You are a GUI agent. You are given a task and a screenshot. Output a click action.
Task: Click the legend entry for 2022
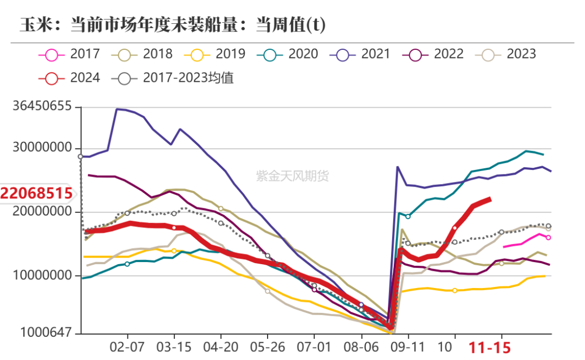(433, 54)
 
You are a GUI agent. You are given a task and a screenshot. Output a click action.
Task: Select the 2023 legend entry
(506, 54)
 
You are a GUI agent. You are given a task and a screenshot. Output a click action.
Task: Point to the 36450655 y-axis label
(42, 107)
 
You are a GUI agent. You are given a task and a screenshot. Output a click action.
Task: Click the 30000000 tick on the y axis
(42, 149)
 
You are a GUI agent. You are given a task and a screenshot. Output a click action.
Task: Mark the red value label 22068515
(36, 193)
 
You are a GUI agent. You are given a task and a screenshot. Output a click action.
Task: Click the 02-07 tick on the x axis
(127, 346)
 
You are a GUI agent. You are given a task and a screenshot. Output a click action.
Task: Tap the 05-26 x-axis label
(267, 346)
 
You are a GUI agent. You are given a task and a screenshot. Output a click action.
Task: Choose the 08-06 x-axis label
(361, 346)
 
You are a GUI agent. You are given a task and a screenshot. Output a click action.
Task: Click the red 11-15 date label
(490, 347)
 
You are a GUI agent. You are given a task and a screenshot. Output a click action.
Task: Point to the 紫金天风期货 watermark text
(292, 176)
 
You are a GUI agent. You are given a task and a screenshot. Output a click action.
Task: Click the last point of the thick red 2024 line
(490, 199)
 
